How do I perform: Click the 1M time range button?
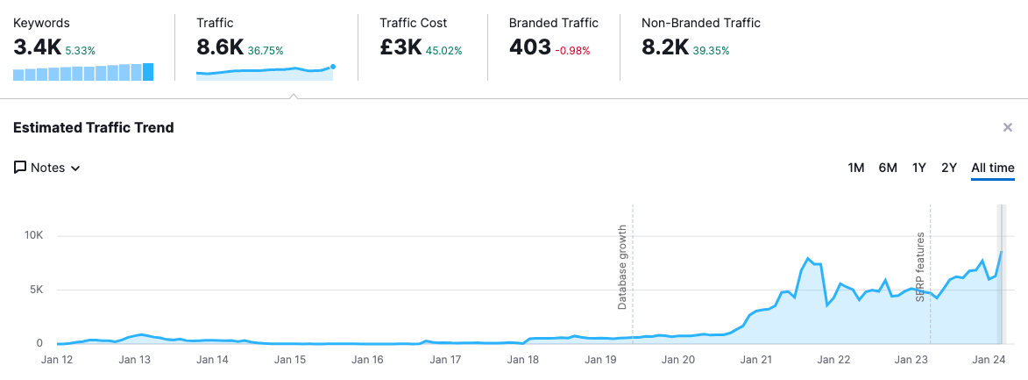[856, 168]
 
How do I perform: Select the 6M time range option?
[888, 168]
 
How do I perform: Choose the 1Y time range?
[919, 168]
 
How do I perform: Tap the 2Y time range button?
[949, 168]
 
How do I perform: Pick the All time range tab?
[993, 168]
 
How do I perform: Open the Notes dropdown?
[47, 168]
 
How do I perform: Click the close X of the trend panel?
[1008, 128]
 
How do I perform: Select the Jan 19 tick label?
[600, 359]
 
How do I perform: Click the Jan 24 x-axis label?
[989, 359]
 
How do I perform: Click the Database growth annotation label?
[622, 266]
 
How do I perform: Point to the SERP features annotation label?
[920, 267]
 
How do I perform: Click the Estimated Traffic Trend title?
[94, 128]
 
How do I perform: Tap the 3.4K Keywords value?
[37, 48]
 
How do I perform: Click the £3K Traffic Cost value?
[401, 48]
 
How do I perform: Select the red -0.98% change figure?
[573, 51]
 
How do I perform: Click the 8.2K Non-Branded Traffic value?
[664, 48]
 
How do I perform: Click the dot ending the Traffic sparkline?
[332, 66]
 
